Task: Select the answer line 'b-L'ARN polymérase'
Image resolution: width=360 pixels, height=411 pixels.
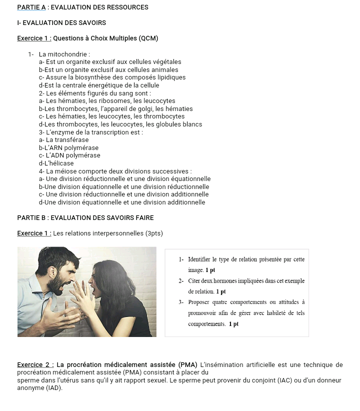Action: (x=68, y=148)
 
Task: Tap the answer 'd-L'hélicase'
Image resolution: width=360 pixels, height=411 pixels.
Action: (x=56, y=163)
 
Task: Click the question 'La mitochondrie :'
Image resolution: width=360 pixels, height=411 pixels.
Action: (x=64, y=54)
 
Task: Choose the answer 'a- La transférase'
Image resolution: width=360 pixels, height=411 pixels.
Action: (x=63, y=140)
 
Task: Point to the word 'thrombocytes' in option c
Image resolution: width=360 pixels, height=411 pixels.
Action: (x=162, y=116)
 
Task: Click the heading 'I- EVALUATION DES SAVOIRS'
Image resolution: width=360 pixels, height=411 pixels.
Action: (x=61, y=23)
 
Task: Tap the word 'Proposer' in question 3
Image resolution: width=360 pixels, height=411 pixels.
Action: (x=199, y=302)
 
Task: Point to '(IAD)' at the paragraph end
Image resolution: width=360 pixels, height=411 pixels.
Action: (x=54, y=388)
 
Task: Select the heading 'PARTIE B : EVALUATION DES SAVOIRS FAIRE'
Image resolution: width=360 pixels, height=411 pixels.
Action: (x=85, y=218)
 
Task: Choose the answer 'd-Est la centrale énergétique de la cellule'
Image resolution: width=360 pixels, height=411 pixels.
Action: (x=99, y=85)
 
